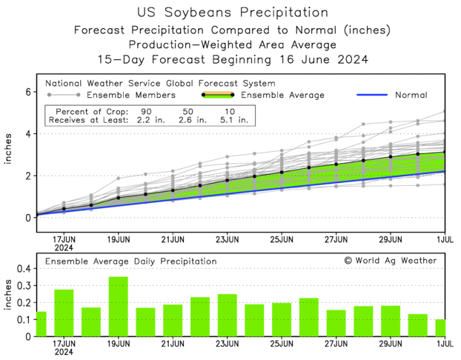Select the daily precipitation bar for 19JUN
119,307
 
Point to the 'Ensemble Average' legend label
283,95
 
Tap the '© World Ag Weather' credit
390,261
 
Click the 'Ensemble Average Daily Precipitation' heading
131,261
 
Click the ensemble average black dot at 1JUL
445,153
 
